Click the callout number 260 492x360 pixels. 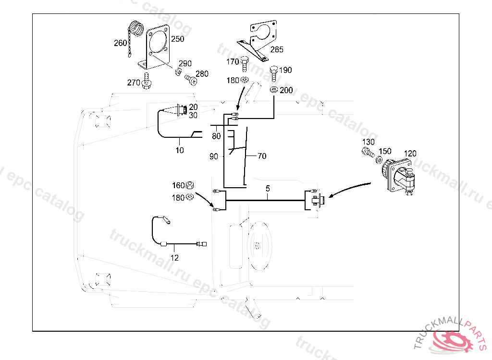[x=120, y=43]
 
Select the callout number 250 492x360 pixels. [x=178, y=39]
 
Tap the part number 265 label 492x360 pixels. [x=276, y=49]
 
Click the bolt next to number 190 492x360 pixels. [x=274, y=72]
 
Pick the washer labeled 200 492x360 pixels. [x=274, y=90]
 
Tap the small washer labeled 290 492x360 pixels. [x=177, y=72]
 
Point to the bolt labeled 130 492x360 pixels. [x=368, y=153]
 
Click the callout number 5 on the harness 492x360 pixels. [x=267, y=189]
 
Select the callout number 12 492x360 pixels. [x=174, y=258]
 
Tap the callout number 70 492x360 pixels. [x=262, y=156]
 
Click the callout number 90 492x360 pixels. [x=213, y=156]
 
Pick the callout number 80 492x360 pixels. [x=216, y=136]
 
